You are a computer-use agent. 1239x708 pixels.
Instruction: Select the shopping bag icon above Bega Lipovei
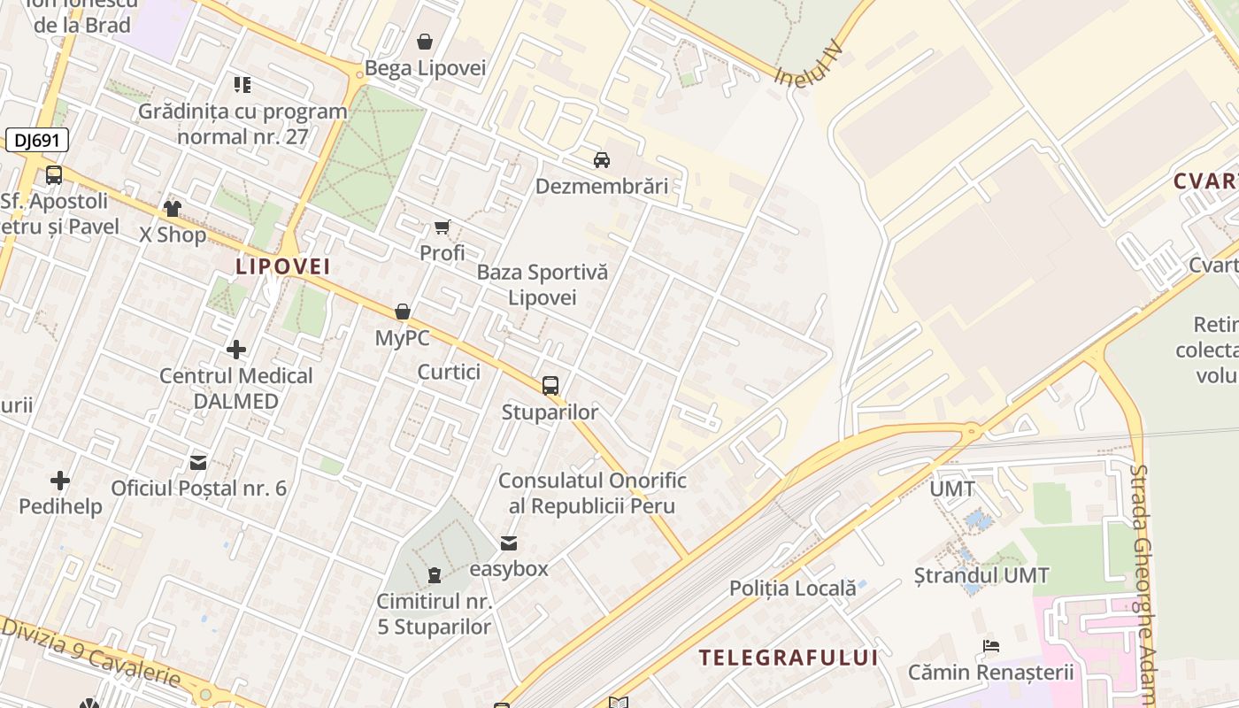[x=425, y=42]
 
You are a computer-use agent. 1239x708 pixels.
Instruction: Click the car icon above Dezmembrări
[x=602, y=160]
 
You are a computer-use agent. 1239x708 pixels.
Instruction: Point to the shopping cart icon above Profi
[x=442, y=227]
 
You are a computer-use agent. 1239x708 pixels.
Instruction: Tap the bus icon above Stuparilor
[x=550, y=385]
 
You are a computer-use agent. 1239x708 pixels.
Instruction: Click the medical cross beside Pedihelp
[x=60, y=481]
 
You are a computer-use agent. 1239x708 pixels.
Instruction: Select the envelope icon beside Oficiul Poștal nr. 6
[x=198, y=462]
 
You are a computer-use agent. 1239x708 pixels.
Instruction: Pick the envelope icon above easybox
[x=509, y=543]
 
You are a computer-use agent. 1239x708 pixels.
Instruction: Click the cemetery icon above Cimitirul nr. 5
[x=434, y=575]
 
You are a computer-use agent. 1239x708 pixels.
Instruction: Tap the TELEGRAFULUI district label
[x=789, y=658]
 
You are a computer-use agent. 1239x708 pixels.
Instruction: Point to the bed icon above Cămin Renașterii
[x=991, y=646]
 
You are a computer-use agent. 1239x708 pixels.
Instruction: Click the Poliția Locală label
[x=793, y=588]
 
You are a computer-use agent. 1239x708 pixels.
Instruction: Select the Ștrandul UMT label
[x=981, y=575]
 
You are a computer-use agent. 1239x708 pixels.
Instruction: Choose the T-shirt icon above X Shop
[x=172, y=209]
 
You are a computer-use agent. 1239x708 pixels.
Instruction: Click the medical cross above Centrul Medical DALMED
[x=236, y=350]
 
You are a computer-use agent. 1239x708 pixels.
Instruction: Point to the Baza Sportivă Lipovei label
[x=543, y=284]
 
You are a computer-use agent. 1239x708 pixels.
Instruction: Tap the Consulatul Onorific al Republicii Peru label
[x=592, y=493]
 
